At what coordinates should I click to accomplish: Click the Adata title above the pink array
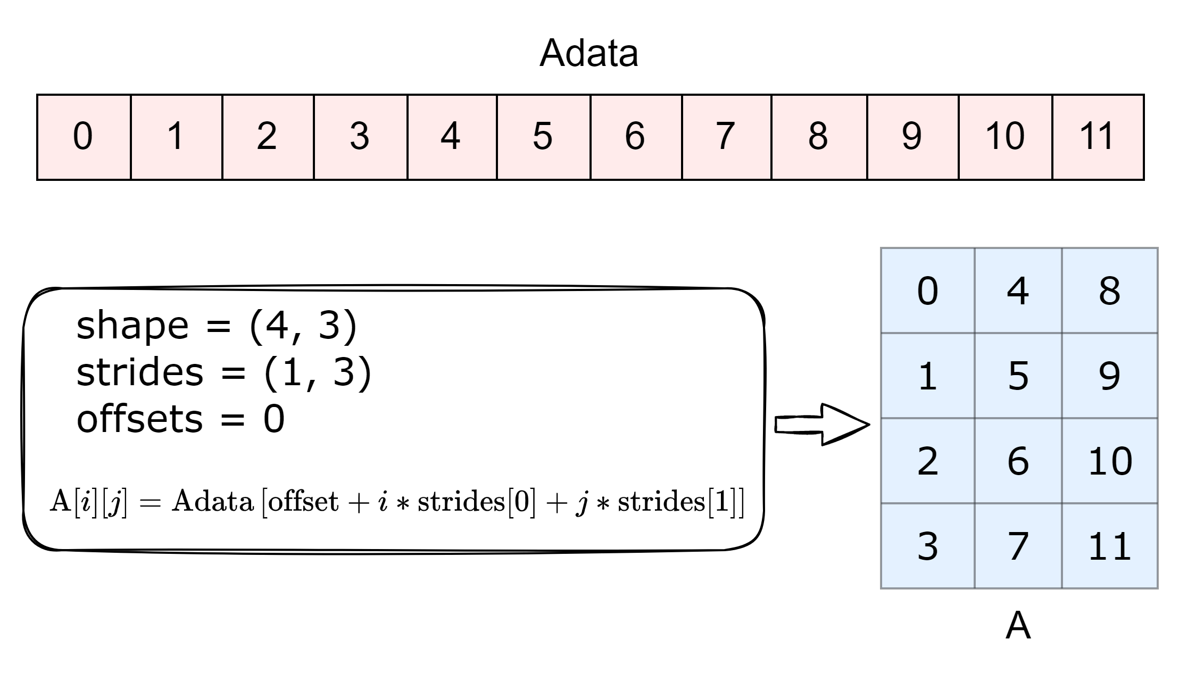(588, 53)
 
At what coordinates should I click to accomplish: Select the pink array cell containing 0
(84, 137)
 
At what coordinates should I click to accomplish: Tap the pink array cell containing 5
(544, 137)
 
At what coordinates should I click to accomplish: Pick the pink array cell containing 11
(1098, 137)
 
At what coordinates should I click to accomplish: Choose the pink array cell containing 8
(819, 137)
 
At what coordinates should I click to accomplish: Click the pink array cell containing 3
(361, 137)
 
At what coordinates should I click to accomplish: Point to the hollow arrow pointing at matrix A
(822, 425)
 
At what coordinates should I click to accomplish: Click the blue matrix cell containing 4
(1018, 290)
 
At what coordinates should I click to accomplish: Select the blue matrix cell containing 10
(1110, 461)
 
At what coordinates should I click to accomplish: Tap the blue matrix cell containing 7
(1018, 546)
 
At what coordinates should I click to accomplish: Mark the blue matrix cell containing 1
(928, 376)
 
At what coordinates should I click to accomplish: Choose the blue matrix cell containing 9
(1110, 376)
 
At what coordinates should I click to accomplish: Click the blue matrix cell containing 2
(928, 461)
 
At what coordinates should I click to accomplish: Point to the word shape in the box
(132, 326)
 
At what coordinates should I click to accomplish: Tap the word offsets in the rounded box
(140, 419)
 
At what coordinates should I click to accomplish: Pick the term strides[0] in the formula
(477, 502)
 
